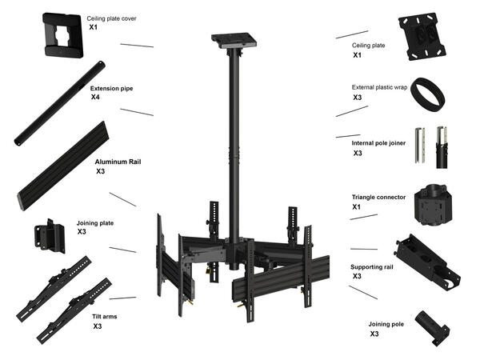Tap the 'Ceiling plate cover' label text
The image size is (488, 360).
click(111, 16)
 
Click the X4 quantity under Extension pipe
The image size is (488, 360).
click(95, 96)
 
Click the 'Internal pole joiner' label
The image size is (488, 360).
click(378, 142)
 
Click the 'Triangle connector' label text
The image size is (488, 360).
click(378, 196)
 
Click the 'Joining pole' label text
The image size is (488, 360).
click(389, 324)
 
